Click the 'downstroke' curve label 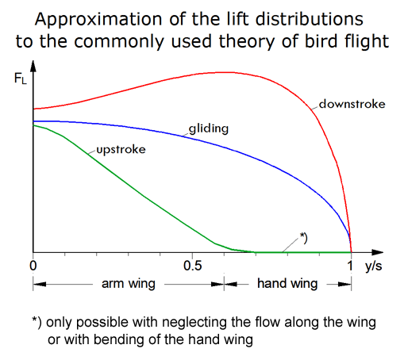point(352,104)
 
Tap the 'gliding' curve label point(209,128)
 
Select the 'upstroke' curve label point(121,150)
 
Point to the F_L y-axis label point(21,79)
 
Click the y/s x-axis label point(373,266)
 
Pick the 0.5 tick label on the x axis point(192,266)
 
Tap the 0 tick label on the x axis point(33,266)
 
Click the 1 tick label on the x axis point(350,266)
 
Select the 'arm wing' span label point(129,284)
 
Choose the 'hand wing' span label point(287,284)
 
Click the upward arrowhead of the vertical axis point(33,66)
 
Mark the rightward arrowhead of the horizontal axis point(377,252)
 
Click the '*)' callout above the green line point(303,238)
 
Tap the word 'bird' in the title point(322,41)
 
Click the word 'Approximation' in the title point(98,20)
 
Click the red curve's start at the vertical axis point(33,109)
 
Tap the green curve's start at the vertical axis point(33,125)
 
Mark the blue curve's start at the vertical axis point(33,121)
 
